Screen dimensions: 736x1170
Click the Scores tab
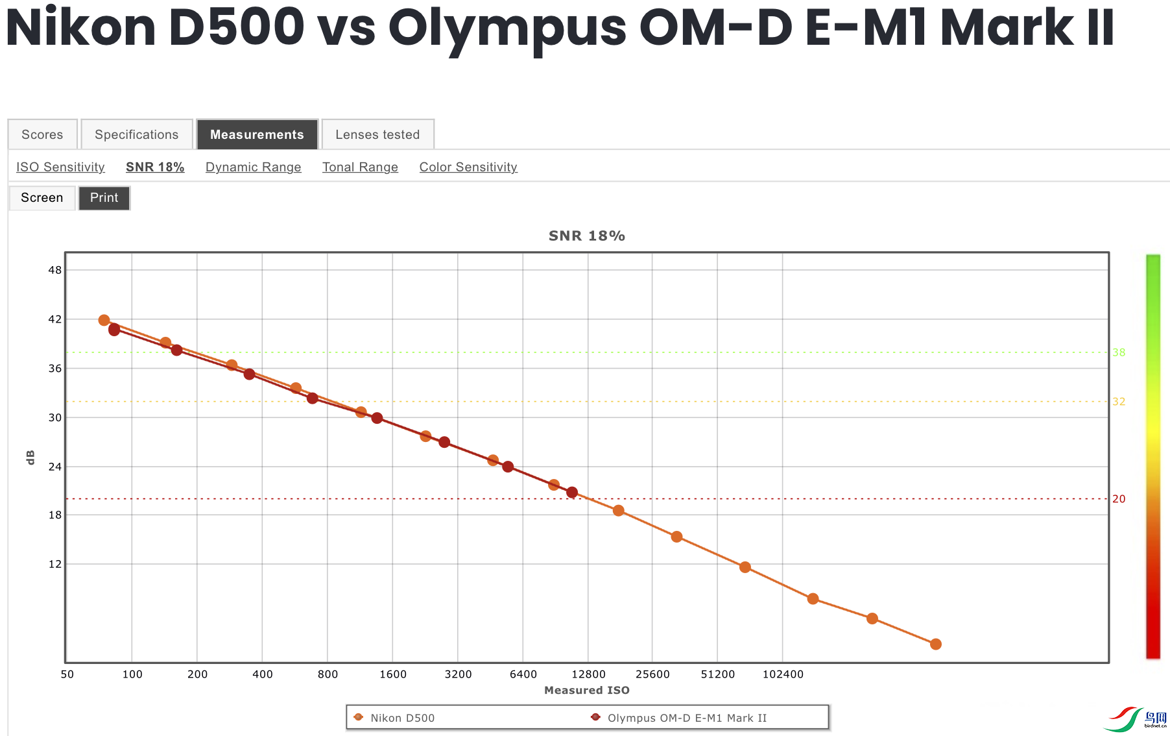[x=42, y=134]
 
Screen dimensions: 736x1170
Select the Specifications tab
[x=136, y=134]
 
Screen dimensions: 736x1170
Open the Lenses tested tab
[x=377, y=134]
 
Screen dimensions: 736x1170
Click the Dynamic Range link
[x=253, y=167]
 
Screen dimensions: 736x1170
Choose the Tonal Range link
[x=360, y=167]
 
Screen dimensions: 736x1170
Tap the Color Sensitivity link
[x=468, y=167]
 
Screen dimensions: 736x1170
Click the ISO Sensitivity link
[x=60, y=167]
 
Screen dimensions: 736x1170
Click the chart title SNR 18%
[x=586, y=236]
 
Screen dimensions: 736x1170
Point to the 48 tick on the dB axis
[x=55, y=270]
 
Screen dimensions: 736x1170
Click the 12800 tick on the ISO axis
[x=588, y=674]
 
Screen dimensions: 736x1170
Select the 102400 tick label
[x=783, y=674]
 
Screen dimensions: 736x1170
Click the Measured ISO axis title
[x=586, y=690]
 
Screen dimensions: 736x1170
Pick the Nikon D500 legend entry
[x=402, y=718]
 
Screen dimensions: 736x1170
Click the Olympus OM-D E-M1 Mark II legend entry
[x=686, y=718]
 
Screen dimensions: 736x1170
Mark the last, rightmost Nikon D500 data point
[x=935, y=644]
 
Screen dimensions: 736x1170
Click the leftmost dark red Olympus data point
[x=115, y=330]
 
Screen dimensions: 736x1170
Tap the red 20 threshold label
[x=1119, y=498]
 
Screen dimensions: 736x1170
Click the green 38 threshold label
[x=1119, y=352]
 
